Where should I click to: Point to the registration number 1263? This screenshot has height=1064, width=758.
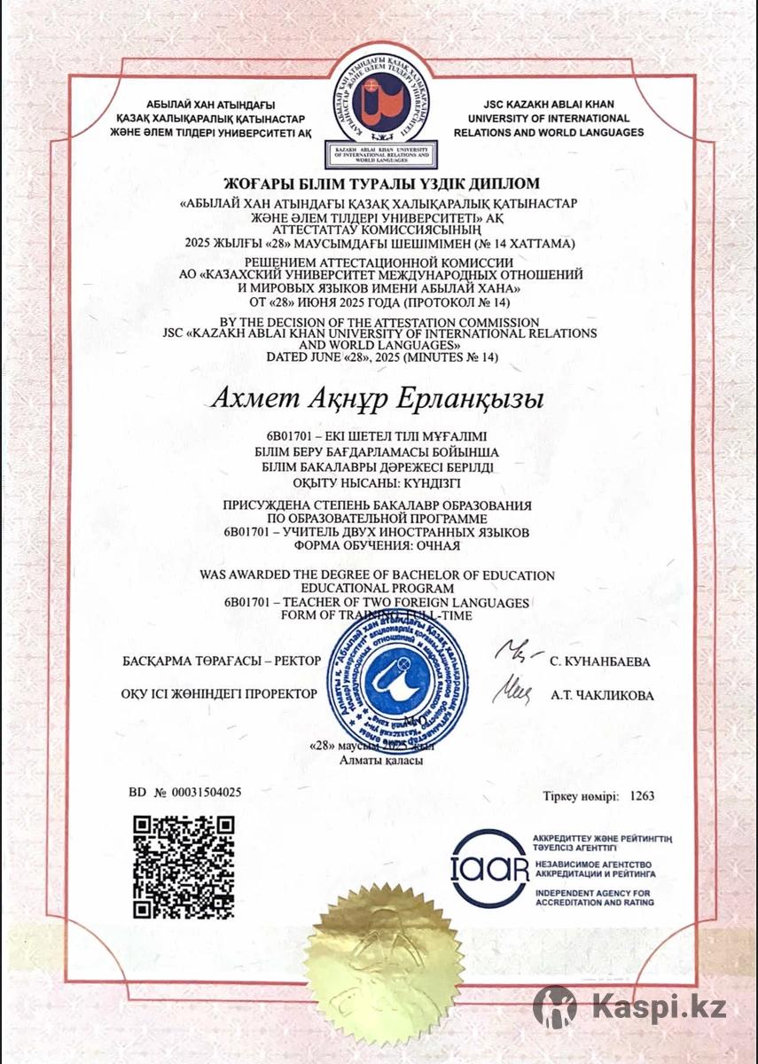point(642,796)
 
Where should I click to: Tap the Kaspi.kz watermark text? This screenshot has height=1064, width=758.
point(659,1006)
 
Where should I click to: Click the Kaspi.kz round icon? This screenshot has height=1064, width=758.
point(555,1006)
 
